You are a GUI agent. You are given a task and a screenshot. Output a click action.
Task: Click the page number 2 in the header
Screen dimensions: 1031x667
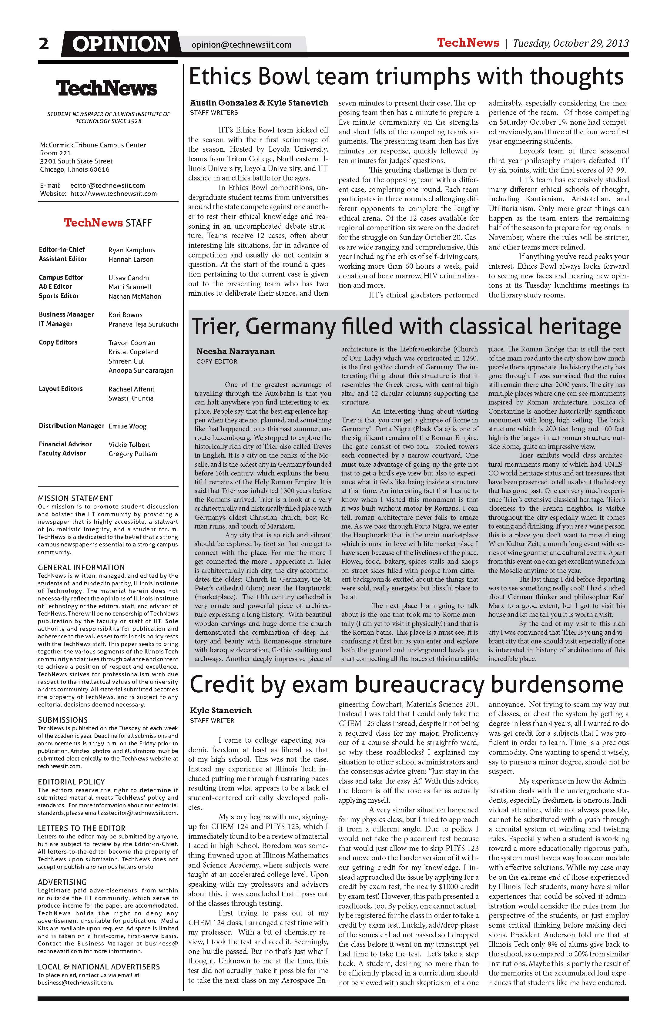pos(44,44)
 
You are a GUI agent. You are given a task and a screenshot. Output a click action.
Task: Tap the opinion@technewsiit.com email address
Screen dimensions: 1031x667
pos(241,45)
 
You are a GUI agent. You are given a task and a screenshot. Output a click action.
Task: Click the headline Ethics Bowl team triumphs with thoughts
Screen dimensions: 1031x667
pos(406,77)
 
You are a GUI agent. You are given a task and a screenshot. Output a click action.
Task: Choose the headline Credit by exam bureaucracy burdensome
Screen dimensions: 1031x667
pos(406,684)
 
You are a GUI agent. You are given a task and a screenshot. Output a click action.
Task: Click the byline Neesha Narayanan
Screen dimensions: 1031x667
pos(235,351)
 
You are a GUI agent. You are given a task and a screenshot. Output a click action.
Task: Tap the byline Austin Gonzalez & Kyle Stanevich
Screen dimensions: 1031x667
pos(259,103)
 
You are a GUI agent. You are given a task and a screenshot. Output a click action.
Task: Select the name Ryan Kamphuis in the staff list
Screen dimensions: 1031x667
pos(132,250)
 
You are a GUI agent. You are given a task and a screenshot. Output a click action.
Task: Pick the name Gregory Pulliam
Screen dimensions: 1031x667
pos(132,454)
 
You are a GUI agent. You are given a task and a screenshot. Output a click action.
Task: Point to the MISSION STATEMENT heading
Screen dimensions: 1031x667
pos(75,498)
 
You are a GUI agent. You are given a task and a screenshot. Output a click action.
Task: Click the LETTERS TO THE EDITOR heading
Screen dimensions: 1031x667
pos(82,828)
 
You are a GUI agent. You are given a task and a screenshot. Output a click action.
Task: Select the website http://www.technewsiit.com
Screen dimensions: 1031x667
pos(113,194)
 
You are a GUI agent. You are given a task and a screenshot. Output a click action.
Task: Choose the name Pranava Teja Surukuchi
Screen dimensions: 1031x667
pos(143,324)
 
